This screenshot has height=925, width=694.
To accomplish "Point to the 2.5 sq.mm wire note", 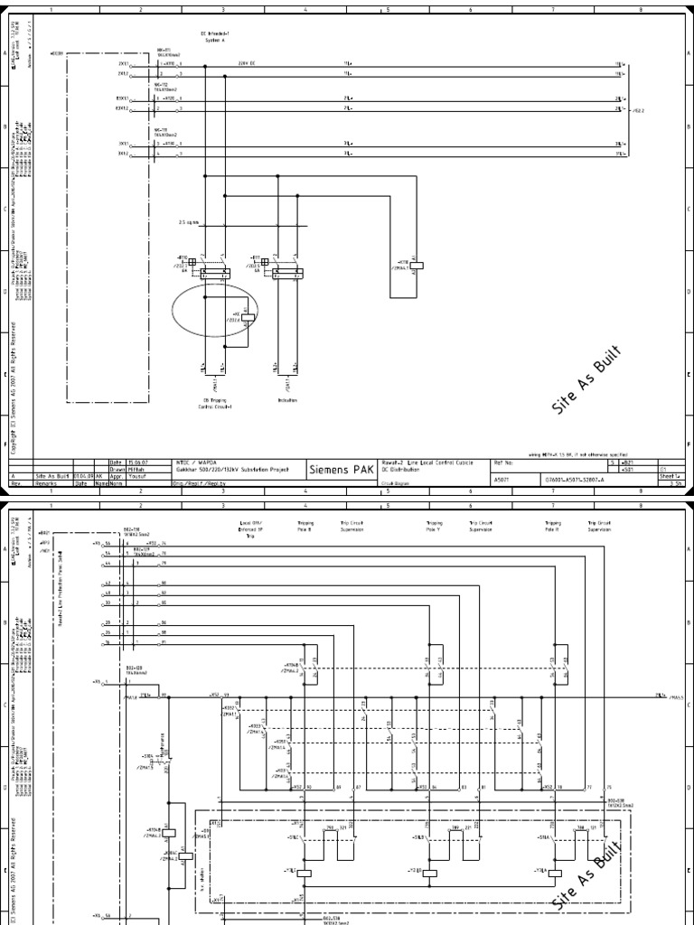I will click(188, 221).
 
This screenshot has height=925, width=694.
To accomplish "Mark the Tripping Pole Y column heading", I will click(434, 526).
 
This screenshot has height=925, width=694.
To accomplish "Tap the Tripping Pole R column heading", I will click(553, 526).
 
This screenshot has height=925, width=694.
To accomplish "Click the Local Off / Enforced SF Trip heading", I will click(251, 528).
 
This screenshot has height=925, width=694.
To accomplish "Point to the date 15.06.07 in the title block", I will click(122, 462).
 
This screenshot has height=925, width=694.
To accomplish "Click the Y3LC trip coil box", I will click(305, 873).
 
